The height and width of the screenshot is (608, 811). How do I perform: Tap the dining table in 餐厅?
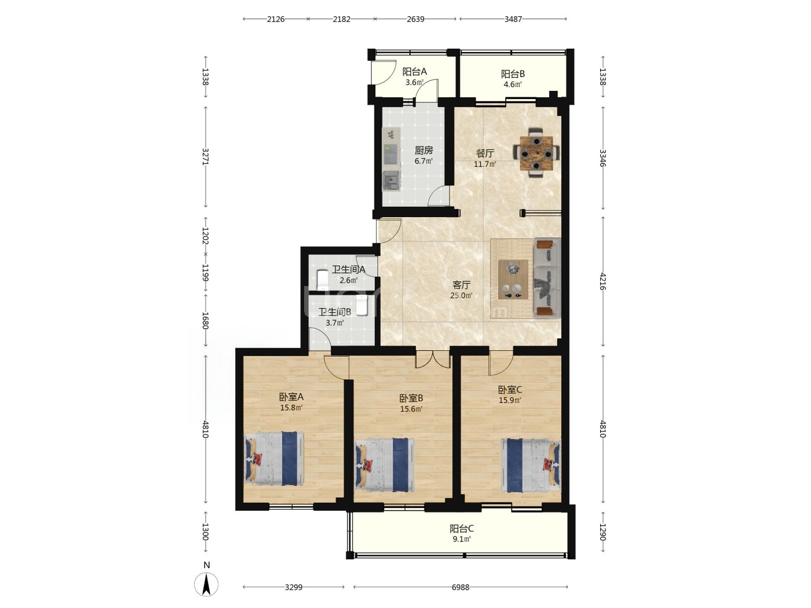[x=536, y=153]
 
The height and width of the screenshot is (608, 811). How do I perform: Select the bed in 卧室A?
[x=274, y=458]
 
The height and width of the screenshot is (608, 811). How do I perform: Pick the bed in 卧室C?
[x=530, y=465]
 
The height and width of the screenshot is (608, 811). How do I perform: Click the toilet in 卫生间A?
[x=323, y=280]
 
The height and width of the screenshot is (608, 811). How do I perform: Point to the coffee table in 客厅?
[x=513, y=279]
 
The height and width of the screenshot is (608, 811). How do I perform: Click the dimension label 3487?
[x=513, y=19]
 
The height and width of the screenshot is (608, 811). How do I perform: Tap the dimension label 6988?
[x=461, y=587]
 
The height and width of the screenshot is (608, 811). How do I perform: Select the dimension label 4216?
[x=602, y=281]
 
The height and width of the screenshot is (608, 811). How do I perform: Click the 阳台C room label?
[x=462, y=529]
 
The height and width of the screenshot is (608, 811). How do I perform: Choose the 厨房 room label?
[x=423, y=150]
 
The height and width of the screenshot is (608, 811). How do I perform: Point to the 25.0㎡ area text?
[x=461, y=295]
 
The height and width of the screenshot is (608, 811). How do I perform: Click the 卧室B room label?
[x=411, y=398]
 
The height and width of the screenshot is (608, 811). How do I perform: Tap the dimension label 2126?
[x=276, y=19]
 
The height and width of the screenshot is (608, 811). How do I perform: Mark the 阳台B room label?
[x=513, y=74]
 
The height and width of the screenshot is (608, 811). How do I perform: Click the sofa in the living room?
[x=547, y=277]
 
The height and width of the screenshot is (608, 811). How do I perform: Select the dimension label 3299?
[x=294, y=587]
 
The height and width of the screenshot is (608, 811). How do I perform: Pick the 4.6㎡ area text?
[x=513, y=85]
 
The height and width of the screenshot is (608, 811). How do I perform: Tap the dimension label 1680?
[x=206, y=321]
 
